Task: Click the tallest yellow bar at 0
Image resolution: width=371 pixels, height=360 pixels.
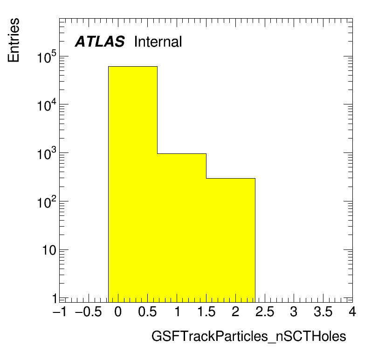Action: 133,184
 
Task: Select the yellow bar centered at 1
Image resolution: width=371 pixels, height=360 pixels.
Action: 182,228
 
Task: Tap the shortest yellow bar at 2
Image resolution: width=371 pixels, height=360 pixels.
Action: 231,240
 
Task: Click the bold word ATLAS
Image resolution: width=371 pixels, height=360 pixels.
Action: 100,42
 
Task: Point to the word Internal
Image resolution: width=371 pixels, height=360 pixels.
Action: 158,42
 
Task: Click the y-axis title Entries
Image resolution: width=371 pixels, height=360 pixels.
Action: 14,40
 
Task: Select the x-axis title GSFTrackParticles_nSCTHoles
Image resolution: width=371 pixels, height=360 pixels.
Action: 249,336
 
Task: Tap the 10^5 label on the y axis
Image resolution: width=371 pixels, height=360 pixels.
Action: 47,57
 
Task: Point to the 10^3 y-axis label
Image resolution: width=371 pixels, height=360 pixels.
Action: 47,153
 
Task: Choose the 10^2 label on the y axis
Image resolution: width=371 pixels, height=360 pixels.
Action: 47,202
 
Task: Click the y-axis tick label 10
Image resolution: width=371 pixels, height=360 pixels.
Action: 49,250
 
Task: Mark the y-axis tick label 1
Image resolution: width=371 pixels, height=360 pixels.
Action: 55,299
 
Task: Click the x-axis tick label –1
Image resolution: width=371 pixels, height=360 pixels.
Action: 60,312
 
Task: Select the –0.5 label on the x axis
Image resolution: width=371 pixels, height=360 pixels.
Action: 89,312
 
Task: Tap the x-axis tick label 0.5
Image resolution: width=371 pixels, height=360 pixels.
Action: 147,312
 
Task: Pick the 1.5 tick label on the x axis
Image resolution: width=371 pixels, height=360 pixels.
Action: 206,312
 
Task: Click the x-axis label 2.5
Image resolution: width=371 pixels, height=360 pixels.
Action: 265,312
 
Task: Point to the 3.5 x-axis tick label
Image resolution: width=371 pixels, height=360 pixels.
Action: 323,312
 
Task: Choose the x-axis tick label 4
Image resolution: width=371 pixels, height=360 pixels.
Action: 352,312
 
